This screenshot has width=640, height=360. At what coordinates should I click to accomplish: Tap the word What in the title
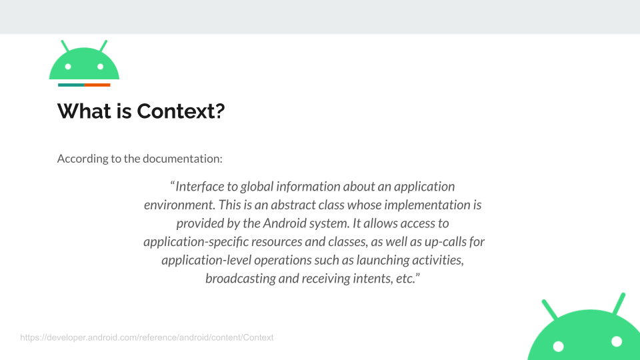pos(84,111)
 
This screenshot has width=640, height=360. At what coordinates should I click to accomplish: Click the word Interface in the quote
pos(199,187)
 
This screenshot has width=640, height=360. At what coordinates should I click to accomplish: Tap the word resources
pos(277,242)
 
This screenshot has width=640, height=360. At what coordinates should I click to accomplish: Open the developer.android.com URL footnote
pos(147,337)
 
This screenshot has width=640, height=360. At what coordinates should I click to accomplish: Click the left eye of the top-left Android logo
pos(68,67)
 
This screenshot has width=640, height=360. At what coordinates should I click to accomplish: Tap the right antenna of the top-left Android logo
pos(103,46)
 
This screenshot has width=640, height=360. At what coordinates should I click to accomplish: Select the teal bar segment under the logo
pos(71,85)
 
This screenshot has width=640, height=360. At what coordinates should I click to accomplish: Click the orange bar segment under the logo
pos(97,85)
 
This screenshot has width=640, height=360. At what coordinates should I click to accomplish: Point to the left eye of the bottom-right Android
pos(558,347)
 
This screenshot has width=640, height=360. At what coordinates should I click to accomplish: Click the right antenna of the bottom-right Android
pos(619,304)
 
